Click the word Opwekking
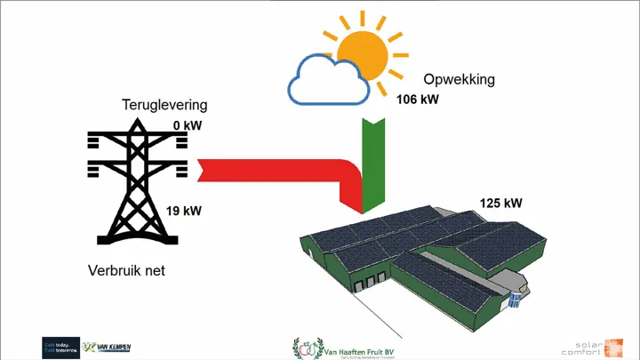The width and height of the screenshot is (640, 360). click(459, 81)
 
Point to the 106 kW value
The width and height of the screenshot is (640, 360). click(417, 100)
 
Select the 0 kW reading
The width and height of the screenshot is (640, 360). click(188, 125)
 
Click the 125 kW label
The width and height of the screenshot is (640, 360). click(500, 203)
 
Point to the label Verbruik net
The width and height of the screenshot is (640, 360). click(127, 269)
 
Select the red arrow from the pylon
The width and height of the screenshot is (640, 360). click(276, 170)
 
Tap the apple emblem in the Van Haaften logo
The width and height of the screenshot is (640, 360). click(305, 348)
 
